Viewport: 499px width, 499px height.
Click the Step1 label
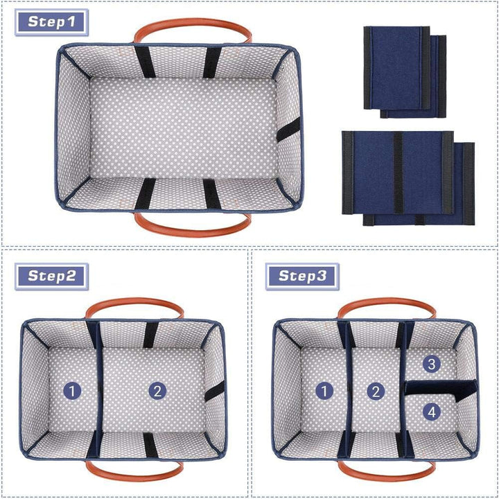click(x=52, y=21)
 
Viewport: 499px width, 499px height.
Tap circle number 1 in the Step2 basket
click(x=73, y=391)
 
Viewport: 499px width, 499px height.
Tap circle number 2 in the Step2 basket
click(x=158, y=391)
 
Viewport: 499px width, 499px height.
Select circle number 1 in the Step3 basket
click(x=324, y=391)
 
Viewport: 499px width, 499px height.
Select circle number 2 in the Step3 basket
click(x=376, y=391)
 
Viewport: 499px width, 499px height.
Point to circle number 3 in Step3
click(x=432, y=364)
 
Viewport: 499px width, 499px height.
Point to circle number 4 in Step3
click(x=432, y=412)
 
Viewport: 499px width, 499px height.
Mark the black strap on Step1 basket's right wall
click(x=288, y=129)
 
